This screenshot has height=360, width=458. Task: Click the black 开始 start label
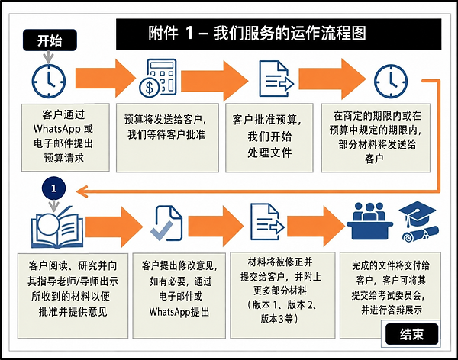pyautogui.click(x=50, y=40)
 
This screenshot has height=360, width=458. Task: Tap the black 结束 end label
pyautogui.click(x=412, y=334)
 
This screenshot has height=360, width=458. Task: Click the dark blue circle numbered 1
pyautogui.click(x=53, y=188)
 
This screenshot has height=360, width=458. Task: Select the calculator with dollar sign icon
pyautogui.click(x=158, y=79)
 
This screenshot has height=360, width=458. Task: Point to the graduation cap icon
pyautogui.click(x=418, y=222)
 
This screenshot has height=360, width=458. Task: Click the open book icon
pyautogui.click(x=57, y=228)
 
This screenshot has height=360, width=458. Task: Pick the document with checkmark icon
pyautogui.click(x=166, y=223)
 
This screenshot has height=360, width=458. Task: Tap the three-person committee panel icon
pyautogui.click(x=369, y=220)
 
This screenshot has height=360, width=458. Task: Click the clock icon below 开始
pyautogui.click(x=49, y=81)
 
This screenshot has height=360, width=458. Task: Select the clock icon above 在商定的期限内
pyautogui.click(x=391, y=81)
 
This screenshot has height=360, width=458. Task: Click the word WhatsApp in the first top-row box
pyautogui.click(x=57, y=129)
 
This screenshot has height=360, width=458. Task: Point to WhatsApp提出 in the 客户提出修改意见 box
pyautogui.click(x=179, y=312)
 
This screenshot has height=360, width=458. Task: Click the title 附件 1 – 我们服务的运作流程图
pyautogui.click(x=257, y=33)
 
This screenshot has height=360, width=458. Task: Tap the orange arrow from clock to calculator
pyautogui.click(x=106, y=79)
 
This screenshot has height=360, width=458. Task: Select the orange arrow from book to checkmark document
pyautogui.click(x=114, y=227)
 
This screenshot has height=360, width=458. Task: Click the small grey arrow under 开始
pyautogui.click(x=49, y=57)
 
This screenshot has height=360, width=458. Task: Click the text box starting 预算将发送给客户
pyautogui.click(x=167, y=138)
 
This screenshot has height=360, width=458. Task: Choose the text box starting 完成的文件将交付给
pyautogui.click(x=390, y=295)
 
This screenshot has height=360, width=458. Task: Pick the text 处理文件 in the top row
pyautogui.click(x=269, y=153)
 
